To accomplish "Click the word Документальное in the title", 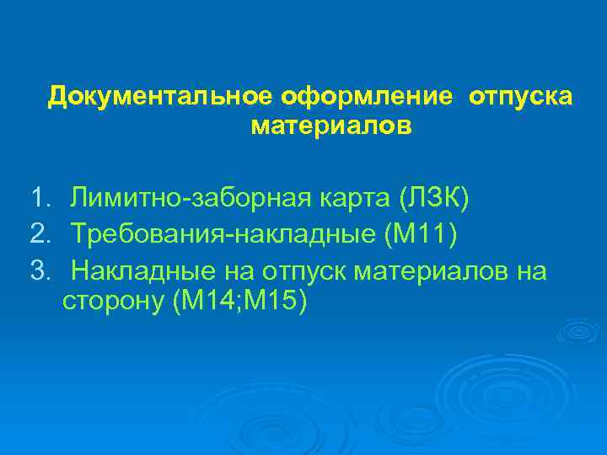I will (x=158, y=98).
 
